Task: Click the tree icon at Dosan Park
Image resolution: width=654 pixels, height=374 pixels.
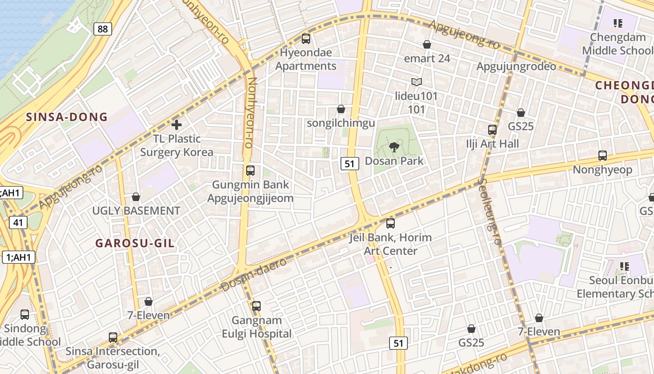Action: pos(394,148)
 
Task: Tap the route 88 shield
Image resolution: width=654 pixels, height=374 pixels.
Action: pos(102,29)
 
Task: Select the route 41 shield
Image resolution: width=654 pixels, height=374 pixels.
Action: pos(17,223)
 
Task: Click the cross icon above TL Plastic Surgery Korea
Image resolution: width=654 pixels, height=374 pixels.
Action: pos(177,125)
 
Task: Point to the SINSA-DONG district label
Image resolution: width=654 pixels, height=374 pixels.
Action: pos(67,117)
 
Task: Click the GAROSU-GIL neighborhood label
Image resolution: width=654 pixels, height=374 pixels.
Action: pos(135,243)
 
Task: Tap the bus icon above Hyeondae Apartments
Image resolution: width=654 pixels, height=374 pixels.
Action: pos(306,39)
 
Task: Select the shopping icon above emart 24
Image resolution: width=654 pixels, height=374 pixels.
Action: pos(427,44)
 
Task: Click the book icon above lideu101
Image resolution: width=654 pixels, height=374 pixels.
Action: pos(417,82)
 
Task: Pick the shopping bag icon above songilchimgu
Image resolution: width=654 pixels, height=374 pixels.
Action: pos(341,109)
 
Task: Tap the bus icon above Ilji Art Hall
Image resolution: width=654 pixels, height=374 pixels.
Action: pos(492,129)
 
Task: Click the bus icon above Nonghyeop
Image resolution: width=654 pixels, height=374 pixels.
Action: pos(603,156)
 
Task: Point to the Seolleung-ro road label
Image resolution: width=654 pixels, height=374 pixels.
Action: pos(490,211)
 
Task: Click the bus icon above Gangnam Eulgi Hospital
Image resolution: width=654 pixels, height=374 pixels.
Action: pos(256,306)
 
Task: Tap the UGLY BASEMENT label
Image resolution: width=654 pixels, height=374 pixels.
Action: pos(136,211)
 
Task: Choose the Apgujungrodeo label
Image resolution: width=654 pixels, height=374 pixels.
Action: pos(516,66)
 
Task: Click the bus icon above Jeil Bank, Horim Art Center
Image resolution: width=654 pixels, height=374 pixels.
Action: pos(391,223)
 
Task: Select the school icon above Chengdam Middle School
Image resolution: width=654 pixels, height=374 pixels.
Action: pos(618,23)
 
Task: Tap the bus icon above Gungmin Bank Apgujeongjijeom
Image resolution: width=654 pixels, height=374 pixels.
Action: pos(250,171)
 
